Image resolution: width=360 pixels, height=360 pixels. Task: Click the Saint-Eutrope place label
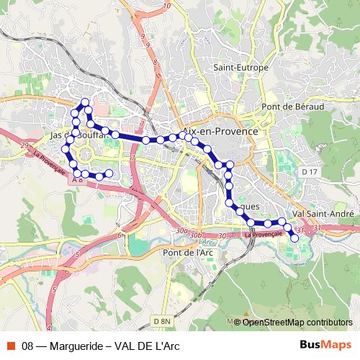click(241, 68)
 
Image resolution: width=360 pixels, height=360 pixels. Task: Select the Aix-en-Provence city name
click(221, 132)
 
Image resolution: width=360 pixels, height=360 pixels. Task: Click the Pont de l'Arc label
click(188, 253)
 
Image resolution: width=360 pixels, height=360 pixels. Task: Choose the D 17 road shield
click(310, 172)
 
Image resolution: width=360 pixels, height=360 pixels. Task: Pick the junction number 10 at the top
click(167, 6)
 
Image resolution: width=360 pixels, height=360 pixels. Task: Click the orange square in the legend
click(10, 346)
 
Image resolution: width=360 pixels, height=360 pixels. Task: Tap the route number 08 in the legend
click(28, 346)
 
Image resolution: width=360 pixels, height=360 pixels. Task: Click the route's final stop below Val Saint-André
click(294, 238)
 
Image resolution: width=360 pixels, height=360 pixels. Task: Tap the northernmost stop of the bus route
click(85, 102)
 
